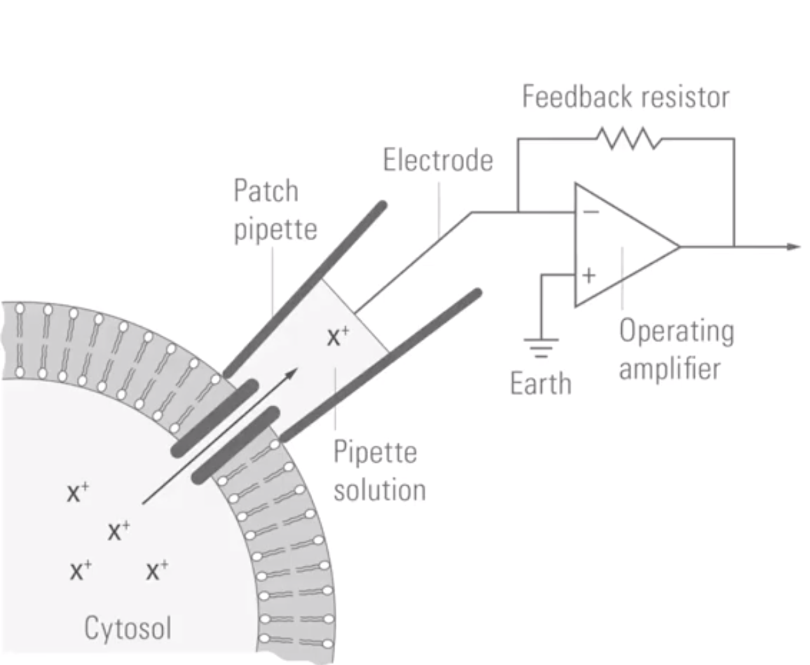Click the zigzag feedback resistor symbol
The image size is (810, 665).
[x=629, y=139]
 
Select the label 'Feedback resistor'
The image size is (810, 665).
[x=626, y=97]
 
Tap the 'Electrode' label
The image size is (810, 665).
[x=438, y=160]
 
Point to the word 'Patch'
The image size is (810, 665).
[x=266, y=191]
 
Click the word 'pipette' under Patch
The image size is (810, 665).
[x=275, y=230]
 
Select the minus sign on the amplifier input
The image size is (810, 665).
[x=591, y=212]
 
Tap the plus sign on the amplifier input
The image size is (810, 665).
[x=589, y=275]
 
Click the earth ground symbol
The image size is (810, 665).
[x=541, y=348]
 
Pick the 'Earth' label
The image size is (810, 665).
[x=541, y=384]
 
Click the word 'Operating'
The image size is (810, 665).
[x=676, y=331]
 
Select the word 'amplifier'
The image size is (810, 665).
[x=669, y=369]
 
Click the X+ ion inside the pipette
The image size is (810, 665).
[x=338, y=336]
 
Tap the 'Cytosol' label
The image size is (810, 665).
[x=128, y=628]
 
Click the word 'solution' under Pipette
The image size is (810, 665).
[x=380, y=490]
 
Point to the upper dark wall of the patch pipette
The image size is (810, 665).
[x=306, y=289]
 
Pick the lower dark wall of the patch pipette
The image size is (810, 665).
[x=381, y=366]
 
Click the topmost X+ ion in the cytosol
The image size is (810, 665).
[x=78, y=492]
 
